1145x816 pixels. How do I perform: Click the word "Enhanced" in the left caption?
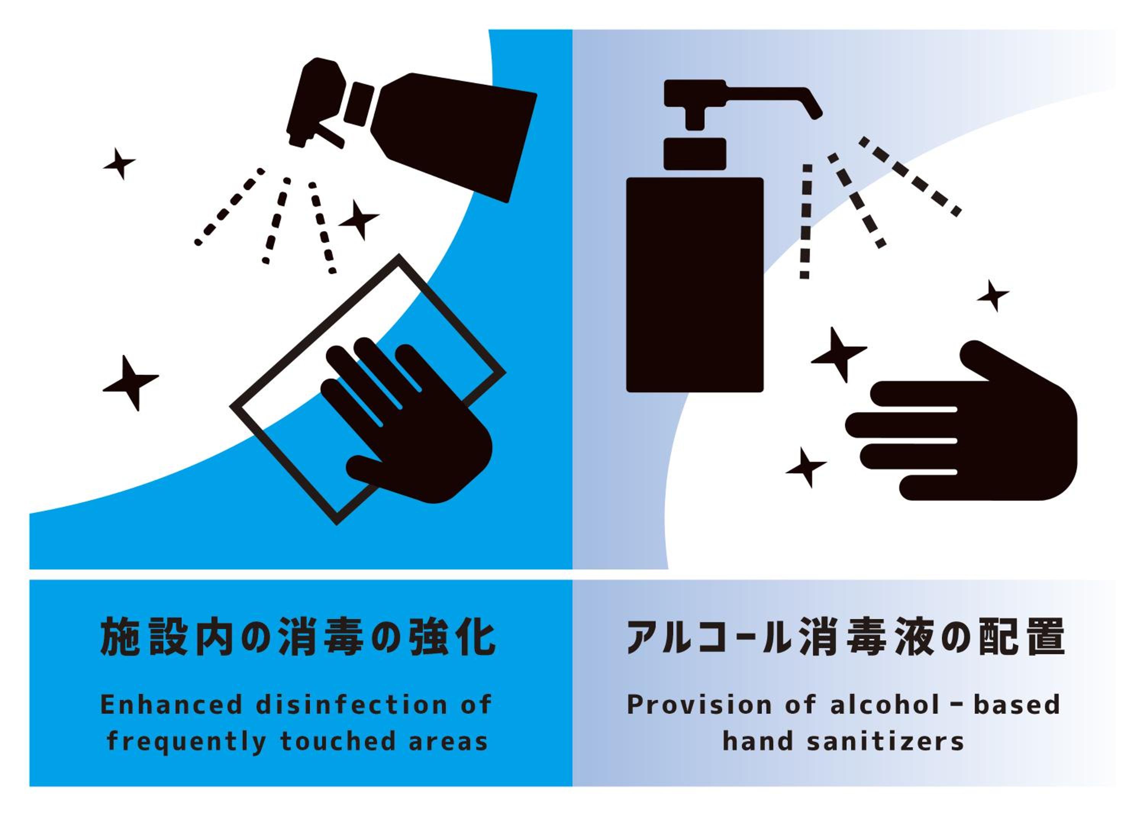[x=171, y=705]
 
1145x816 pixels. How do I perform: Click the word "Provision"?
[x=699, y=705]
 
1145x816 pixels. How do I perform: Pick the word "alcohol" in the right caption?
[x=885, y=705]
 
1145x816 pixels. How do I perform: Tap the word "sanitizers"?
[x=885, y=742]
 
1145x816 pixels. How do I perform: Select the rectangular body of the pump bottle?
[x=695, y=284]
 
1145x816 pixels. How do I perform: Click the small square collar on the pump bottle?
[x=695, y=154]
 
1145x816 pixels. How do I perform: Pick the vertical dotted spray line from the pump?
[x=806, y=221]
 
